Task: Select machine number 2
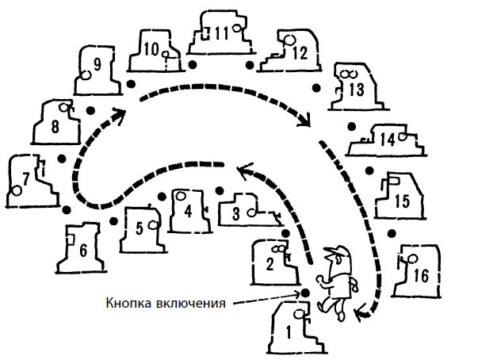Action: (273, 262)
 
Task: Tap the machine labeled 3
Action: (241, 210)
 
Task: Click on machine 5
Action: (140, 229)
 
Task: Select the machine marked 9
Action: (95, 69)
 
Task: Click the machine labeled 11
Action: (221, 34)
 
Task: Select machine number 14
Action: (388, 140)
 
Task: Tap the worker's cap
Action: (336, 252)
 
